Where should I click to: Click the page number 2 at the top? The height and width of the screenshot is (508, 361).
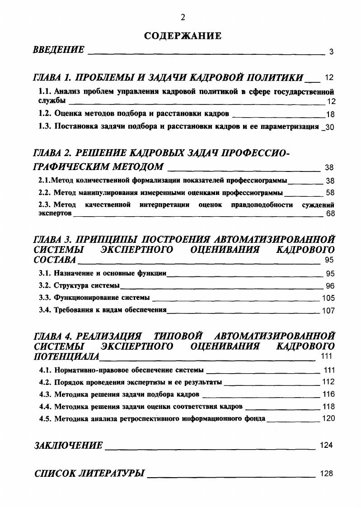183,18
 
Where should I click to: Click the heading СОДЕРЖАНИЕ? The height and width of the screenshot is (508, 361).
183,36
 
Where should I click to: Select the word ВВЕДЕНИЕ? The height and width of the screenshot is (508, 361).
59,50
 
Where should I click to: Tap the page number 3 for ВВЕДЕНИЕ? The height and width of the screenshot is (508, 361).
331,52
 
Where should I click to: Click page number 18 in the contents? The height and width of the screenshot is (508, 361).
330,114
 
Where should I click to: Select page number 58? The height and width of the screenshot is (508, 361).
330,193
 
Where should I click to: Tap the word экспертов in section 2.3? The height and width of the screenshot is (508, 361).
55,213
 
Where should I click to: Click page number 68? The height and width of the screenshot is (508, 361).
330,214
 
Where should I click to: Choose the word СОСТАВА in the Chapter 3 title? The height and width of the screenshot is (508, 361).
55,260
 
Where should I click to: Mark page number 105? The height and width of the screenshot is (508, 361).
328,298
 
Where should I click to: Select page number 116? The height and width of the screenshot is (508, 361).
328,394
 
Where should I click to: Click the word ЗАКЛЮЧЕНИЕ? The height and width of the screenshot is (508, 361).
69,445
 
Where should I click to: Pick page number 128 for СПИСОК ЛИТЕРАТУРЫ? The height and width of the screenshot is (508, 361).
326,474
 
